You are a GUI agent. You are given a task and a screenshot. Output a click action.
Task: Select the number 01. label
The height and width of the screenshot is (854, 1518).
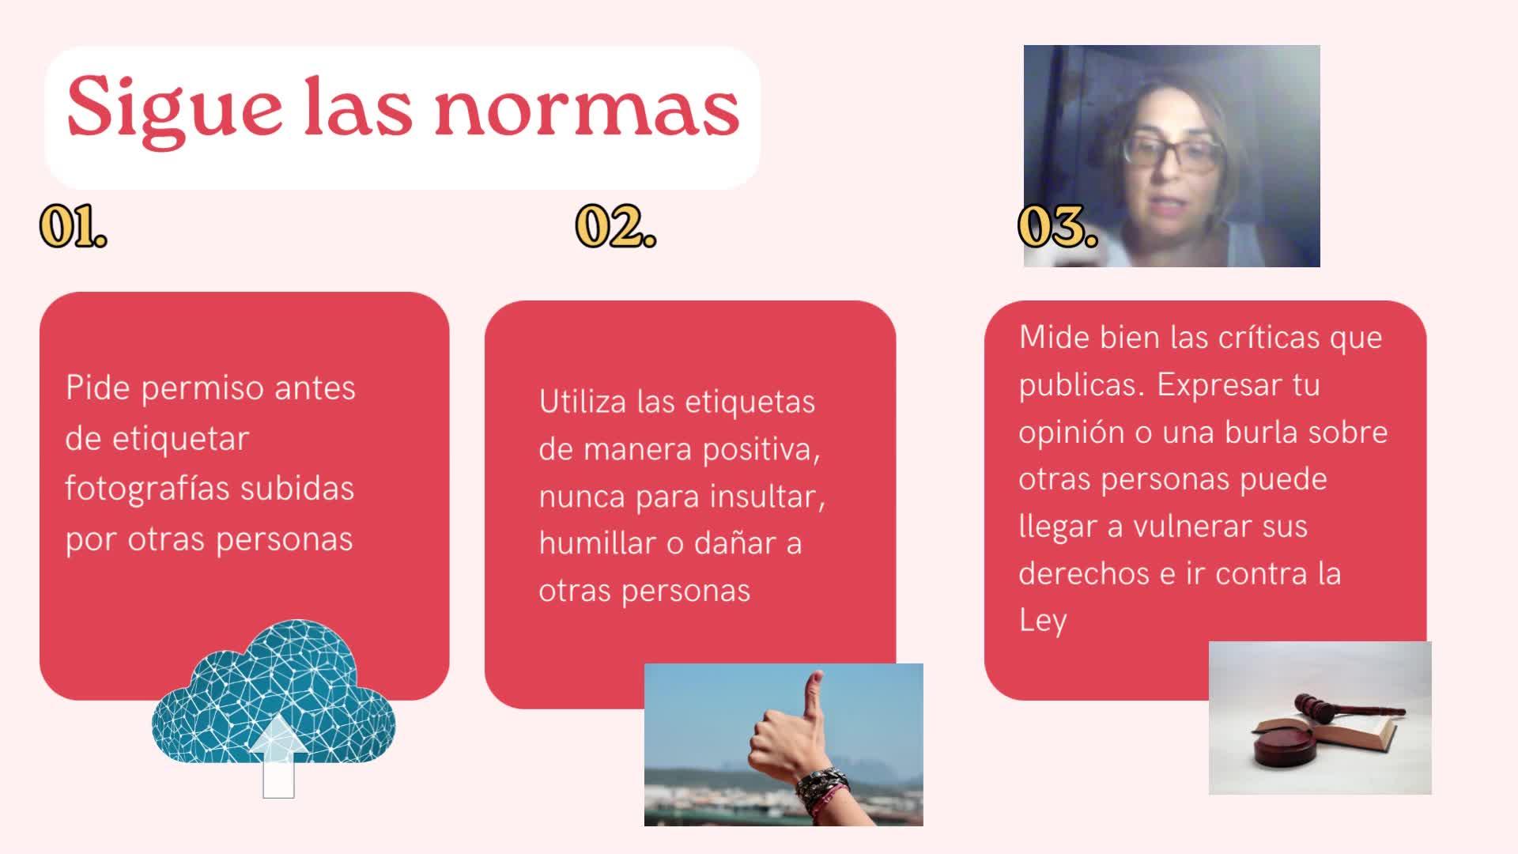pyautogui.click(x=74, y=227)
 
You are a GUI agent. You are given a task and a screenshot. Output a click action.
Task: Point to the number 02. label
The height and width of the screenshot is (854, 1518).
pyautogui.click(x=616, y=227)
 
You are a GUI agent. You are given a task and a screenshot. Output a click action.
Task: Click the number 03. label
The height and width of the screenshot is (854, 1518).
pyautogui.click(x=1058, y=227)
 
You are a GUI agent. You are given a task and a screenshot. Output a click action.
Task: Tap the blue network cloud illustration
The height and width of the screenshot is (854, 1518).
pyautogui.click(x=274, y=696)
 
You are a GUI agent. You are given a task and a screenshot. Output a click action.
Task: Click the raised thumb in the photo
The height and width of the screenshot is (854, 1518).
pyautogui.click(x=812, y=696)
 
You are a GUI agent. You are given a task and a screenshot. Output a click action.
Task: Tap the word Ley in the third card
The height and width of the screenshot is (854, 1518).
pyautogui.click(x=1043, y=621)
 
